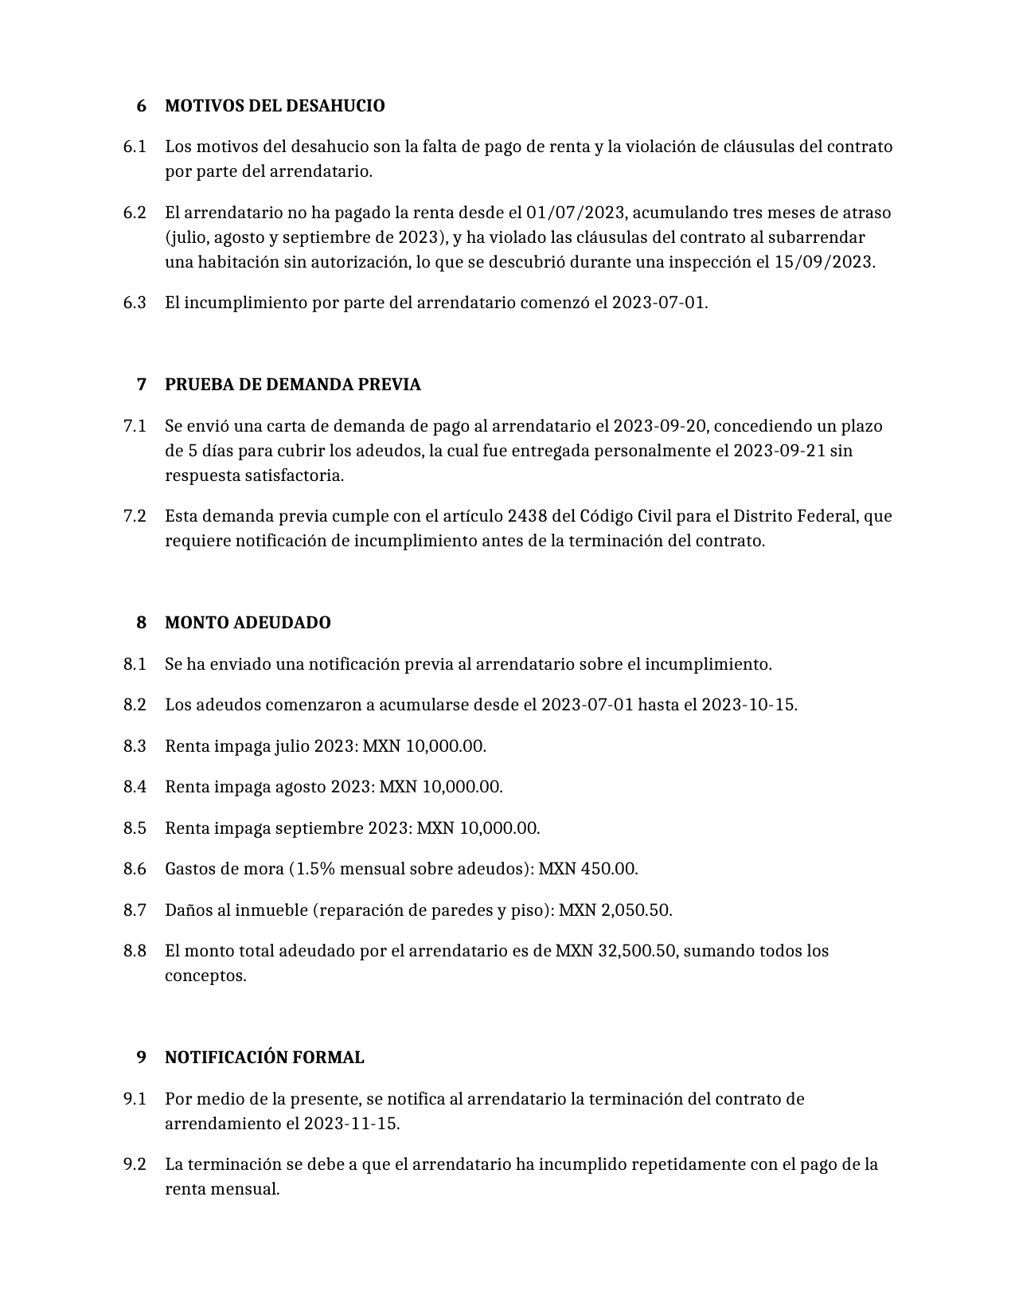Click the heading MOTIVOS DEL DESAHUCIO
pyautogui.click(x=275, y=106)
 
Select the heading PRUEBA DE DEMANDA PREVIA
pyautogui.click(x=292, y=385)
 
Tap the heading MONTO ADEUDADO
pyautogui.click(x=248, y=623)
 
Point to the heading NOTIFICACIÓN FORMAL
pyautogui.click(x=264, y=1058)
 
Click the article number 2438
pyautogui.click(x=527, y=516)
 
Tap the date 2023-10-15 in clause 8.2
pyautogui.click(x=748, y=705)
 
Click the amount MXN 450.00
pyautogui.click(x=588, y=869)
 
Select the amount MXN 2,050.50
pyautogui.click(x=615, y=910)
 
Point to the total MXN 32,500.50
pyautogui.click(x=617, y=951)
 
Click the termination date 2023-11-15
pyautogui.click(x=351, y=1124)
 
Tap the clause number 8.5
pyautogui.click(x=135, y=828)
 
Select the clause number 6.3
pyautogui.click(x=135, y=303)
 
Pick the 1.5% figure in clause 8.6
pyautogui.click(x=315, y=869)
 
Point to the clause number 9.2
pyautogui.click(x=135, y=1164)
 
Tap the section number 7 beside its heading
pyautogui.click(x=142, y=385)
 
